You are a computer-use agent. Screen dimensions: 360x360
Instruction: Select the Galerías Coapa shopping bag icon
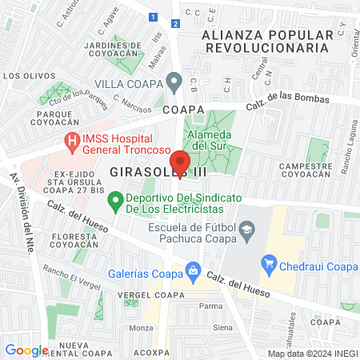[192, 269]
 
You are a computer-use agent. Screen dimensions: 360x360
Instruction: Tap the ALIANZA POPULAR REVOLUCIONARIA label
[266, 42]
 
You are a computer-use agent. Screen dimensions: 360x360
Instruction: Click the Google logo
[26, 350]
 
